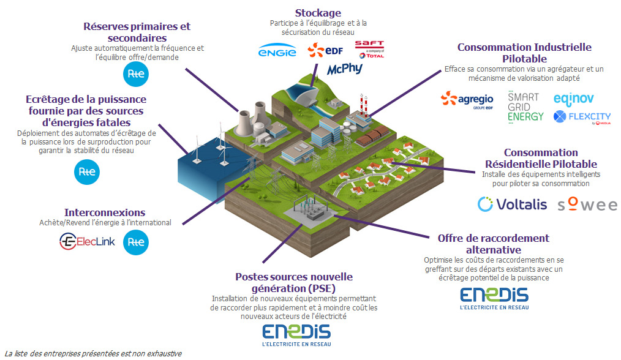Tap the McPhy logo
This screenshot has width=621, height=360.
[x=345, y=69]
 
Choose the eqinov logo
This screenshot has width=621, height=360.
[x=573, y=99]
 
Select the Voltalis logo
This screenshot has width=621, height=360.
[x=512, y=204]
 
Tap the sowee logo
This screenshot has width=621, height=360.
[x=587, y=204]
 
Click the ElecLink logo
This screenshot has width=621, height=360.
[x=87, y=242]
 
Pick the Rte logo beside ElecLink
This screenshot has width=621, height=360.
[x=135, y=242]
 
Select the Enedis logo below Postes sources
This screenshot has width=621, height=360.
[x=296, y=336]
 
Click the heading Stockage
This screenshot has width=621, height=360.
[x=318, y=13]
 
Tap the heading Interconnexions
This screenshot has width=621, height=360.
[x=105, y=212]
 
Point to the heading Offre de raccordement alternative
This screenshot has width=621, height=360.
[x=493, y=244]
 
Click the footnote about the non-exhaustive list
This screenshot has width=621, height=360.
[x=93, y=353]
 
